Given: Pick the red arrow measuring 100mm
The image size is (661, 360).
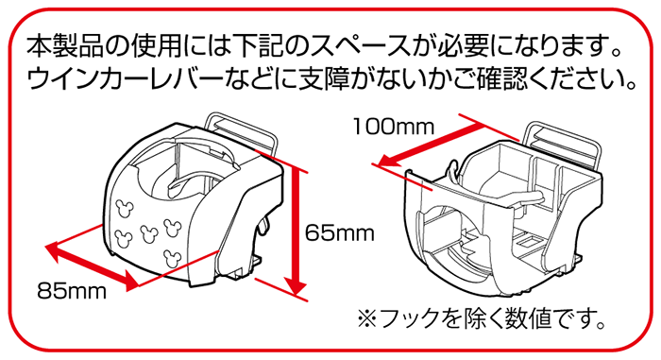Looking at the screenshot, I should pos(425,142).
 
